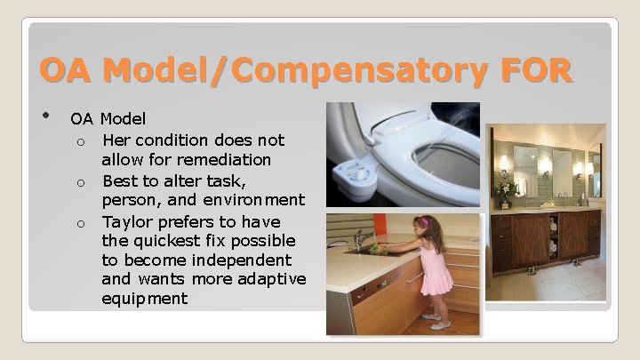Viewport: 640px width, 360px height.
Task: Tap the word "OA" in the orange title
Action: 68,69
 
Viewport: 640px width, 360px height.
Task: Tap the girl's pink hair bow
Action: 423,221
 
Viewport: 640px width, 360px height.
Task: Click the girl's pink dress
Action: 435,271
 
